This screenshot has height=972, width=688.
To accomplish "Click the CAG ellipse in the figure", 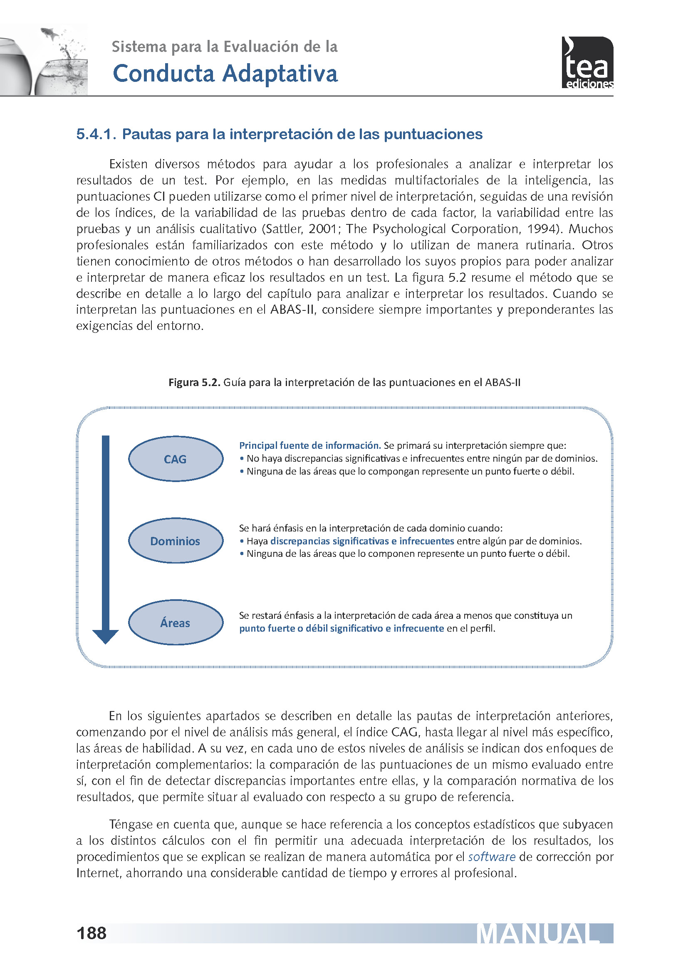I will tap(176, 459).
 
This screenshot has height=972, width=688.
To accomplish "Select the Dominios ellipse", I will tap(176, 541).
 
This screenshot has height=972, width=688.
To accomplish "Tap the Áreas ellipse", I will tap(176, 623).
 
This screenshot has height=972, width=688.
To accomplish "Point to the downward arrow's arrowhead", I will tap(106, 636).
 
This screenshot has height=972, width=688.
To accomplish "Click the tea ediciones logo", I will tap(587, 63).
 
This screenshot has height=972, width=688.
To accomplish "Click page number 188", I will tap(92, 933).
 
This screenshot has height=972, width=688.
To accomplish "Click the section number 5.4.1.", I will tap(96, 134).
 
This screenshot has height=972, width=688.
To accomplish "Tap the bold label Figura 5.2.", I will tap(194, 382).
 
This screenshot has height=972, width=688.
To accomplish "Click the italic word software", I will tap(491, 857).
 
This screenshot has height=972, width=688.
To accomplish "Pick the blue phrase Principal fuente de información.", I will tap(310, 445).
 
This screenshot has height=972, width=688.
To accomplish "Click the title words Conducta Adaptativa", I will tap(225, 74).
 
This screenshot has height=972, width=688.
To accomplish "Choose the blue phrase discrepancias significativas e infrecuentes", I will tap(362, 541).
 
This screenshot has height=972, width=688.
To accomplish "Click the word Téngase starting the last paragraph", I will tap(131, 824).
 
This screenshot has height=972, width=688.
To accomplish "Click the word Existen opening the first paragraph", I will tap(129, 164).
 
